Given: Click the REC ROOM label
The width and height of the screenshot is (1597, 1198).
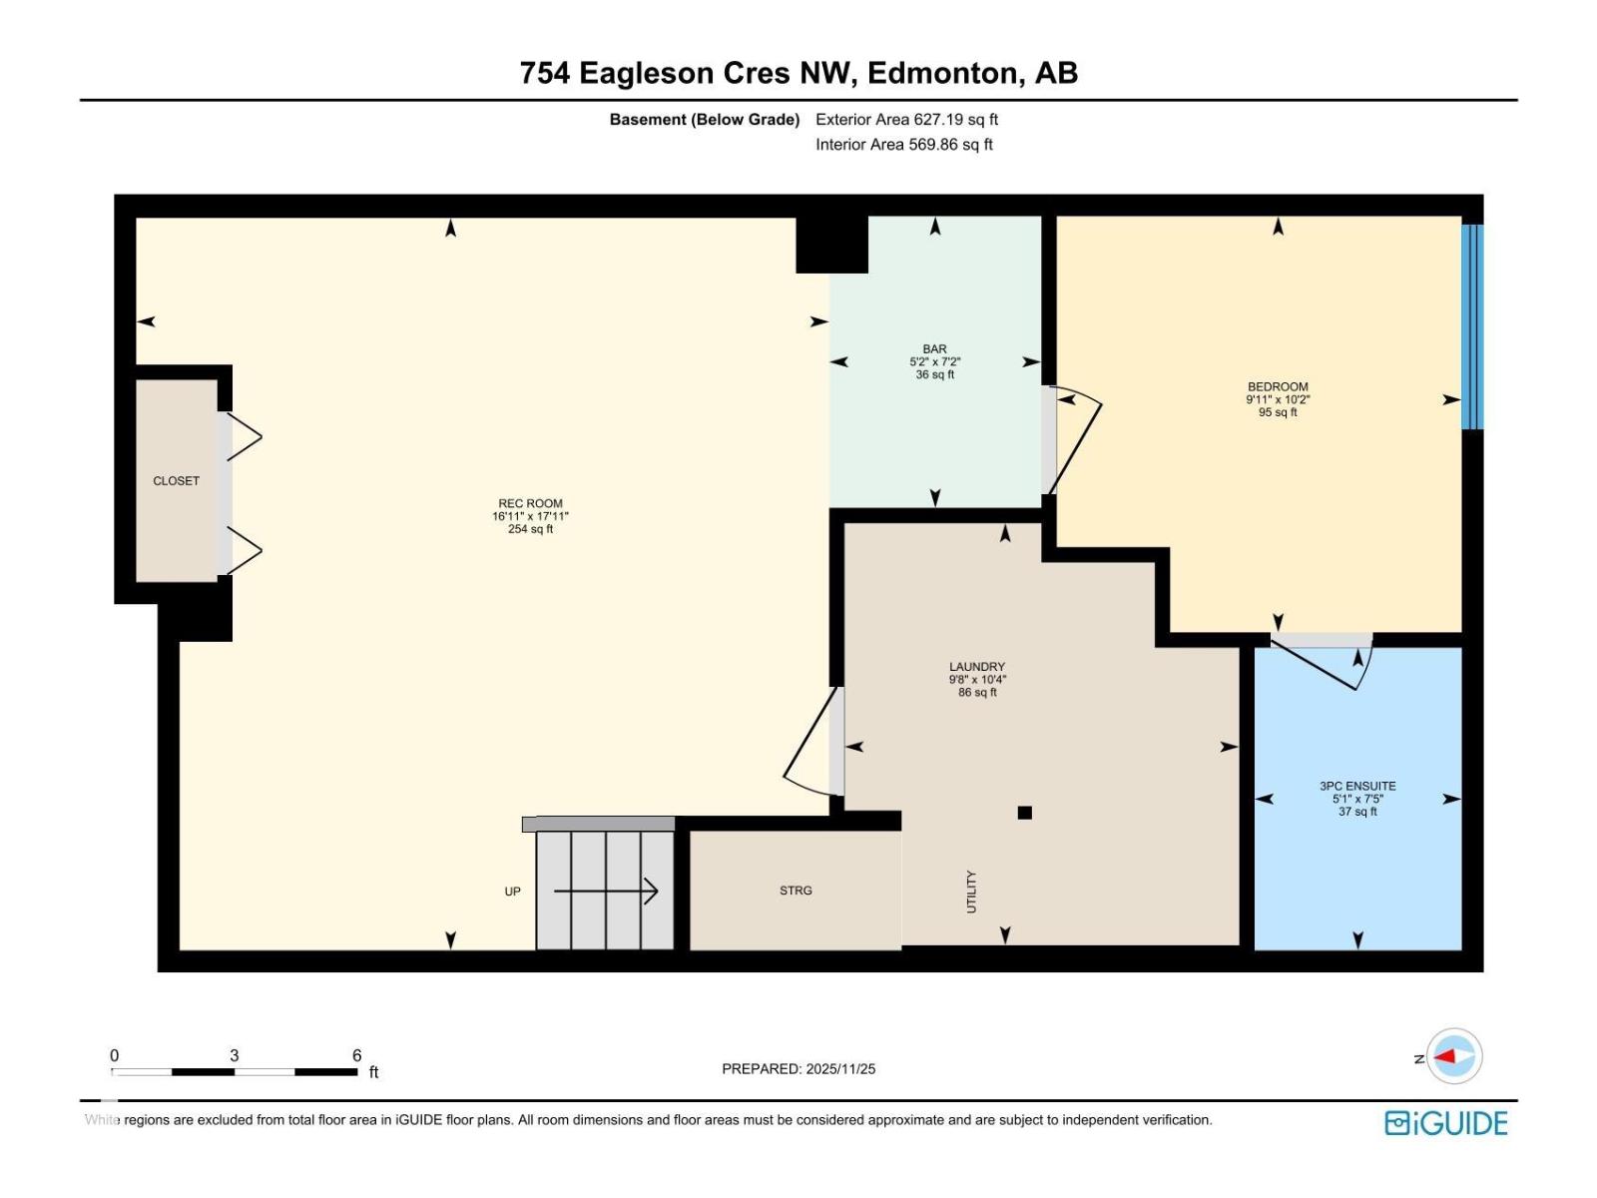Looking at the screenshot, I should point(530,504).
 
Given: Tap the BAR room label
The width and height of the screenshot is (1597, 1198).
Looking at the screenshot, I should point(934,349).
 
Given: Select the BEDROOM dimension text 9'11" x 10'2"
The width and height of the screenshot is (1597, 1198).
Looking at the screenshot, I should point(1278,399).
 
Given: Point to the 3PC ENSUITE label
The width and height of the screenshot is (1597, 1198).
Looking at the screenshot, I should point(1357,787).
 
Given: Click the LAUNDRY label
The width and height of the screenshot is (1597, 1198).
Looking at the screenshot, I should point(977,667).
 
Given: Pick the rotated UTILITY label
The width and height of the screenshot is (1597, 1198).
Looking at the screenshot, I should point(971,892).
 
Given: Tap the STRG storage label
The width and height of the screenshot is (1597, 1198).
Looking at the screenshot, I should point(796,891).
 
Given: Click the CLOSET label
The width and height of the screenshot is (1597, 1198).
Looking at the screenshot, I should point(176,481).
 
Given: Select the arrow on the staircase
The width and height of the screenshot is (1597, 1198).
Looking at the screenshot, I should point(606,891).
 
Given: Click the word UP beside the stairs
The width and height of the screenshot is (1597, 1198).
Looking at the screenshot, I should point(512,892).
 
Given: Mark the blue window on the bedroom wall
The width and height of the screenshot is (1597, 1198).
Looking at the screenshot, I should point(1472,326).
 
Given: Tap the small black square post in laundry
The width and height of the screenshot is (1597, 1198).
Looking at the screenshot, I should point(1024,813).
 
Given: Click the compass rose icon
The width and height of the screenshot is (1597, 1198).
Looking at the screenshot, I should point(1453,1056).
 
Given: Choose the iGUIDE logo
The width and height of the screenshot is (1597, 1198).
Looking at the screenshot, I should point(1445,1123).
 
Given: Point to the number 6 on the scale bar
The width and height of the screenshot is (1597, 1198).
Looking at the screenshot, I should point(356,1055).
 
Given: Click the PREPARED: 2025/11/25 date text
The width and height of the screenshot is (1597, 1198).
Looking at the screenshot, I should point(798,1069).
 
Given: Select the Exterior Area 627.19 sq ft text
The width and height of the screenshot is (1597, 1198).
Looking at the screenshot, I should point(906,120).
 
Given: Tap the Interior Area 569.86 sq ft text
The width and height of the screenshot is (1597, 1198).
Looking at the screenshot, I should point(904,145).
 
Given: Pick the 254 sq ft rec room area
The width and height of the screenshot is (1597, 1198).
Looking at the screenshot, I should point(530,529).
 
